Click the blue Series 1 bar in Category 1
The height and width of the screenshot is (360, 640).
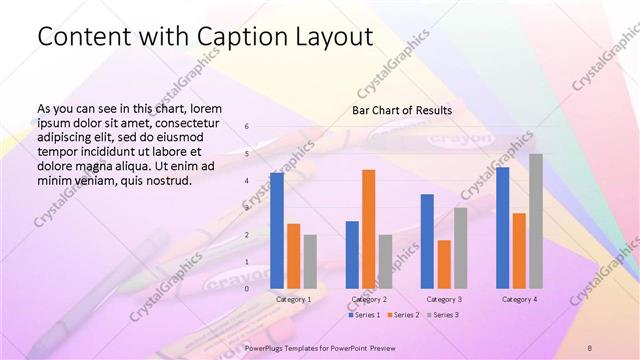pyautogui.click(x=276, y=230)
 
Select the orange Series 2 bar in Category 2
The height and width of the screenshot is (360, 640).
pyautogui.click(x=368, y=229)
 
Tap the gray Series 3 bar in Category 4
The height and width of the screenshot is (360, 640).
pyautogui.click(x=536, y=221)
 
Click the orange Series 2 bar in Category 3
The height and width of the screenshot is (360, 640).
pyautogui.click(x=444, y=264)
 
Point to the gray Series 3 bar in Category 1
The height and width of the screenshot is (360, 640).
pyautogui.click(x=310, y=261)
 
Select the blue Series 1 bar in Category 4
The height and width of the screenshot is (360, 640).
pyautogui.click(x=502, y=227)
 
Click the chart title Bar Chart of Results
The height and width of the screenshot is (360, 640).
pyautogui.click(x=401, y=110)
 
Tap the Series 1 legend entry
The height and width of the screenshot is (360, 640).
pyautogui.click(x=364, y=315)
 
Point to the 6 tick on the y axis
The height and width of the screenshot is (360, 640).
pyautogui.click(x=247, y=127)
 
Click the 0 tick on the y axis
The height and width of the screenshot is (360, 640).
pyautogui.click(x=247, y=288)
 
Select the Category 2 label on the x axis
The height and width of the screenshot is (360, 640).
pyautogui.click(x=369, y=299)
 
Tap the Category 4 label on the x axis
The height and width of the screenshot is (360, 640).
pyautogui.click(x=519, y=299)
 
